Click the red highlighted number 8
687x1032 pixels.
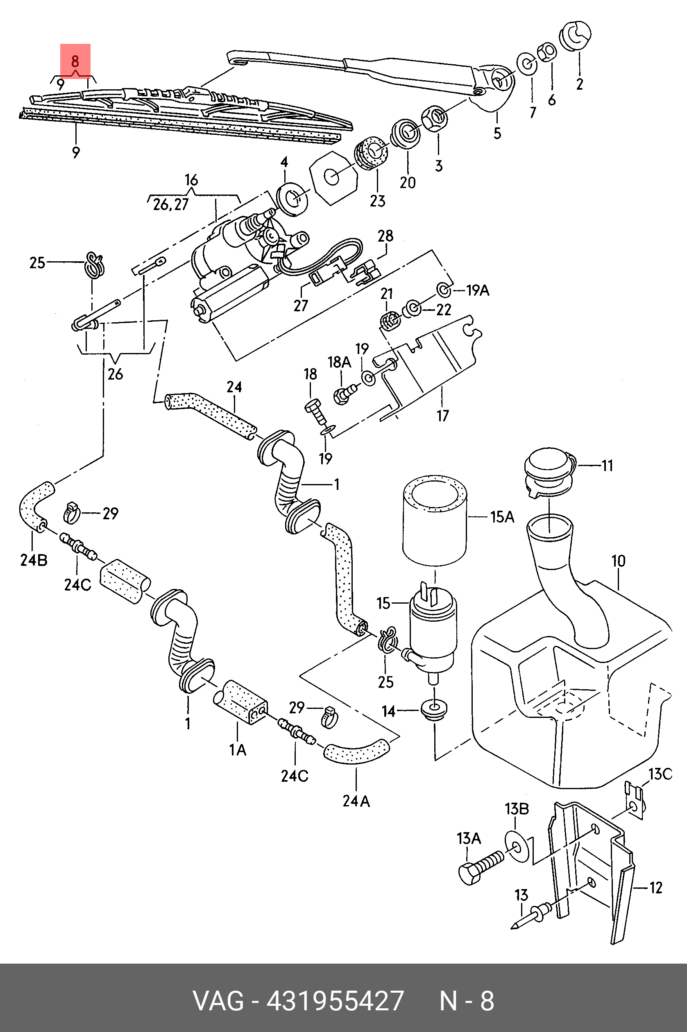coord(75,61)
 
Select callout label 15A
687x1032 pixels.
coord(502,517)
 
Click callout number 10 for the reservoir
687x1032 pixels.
coord(618,561)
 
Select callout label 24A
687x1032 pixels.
coord(356,801)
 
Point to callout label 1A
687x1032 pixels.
coord(238,750)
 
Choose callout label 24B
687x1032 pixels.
coord(34,560)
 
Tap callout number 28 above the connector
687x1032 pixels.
coord(385,236)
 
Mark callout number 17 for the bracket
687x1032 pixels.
coord(442,415)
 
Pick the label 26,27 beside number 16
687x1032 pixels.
coord(170,205)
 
